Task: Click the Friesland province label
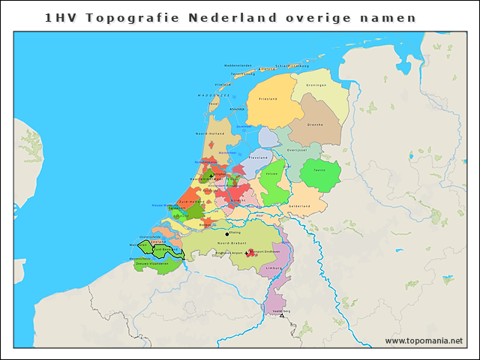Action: tap(268, 99)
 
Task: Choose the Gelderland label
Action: tap(300, 205)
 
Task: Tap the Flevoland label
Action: tap(259, 158)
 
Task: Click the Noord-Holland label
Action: tap(210, 133)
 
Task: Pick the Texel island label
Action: tap(214, 103)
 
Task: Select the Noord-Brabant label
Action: tap(229, 244)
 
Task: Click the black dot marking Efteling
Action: tap(227, 233)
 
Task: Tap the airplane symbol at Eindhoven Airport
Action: tap(247, 253)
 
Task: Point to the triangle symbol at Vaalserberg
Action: tap(282, 316)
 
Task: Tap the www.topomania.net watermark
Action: tap(424, 341)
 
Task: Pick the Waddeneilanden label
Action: tap(238, 65)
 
